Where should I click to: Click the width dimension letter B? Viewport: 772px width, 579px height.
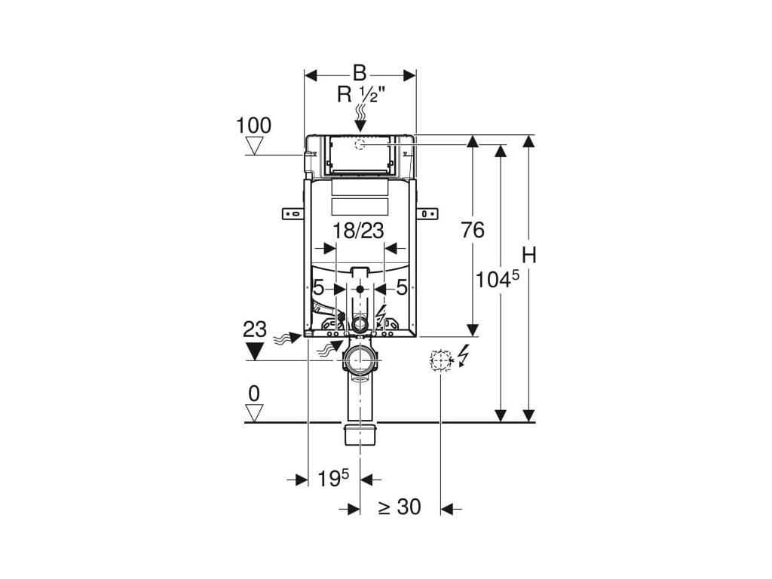[360, 73]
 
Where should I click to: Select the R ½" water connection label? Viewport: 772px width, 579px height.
[361, 95]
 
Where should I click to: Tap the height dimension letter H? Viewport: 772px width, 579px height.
[529, 256]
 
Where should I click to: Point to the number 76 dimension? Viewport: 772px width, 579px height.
[473, 230]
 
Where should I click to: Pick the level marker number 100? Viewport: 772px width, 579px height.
[253, 125]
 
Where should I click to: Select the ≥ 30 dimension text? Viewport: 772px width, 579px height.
[399, 507]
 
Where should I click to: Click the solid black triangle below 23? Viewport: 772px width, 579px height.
[255, 350]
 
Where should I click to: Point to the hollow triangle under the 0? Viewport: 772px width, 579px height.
[255, 412]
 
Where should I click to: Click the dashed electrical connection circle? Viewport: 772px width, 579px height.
[440, 361]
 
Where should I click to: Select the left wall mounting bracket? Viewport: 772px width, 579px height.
[293, 213]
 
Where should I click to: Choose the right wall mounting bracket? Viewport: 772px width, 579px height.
[427, 213]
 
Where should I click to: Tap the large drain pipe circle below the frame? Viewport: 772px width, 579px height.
[360, 360]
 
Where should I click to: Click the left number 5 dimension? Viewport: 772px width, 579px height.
[318, 287]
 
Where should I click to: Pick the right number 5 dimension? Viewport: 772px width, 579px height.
[402, 287]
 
